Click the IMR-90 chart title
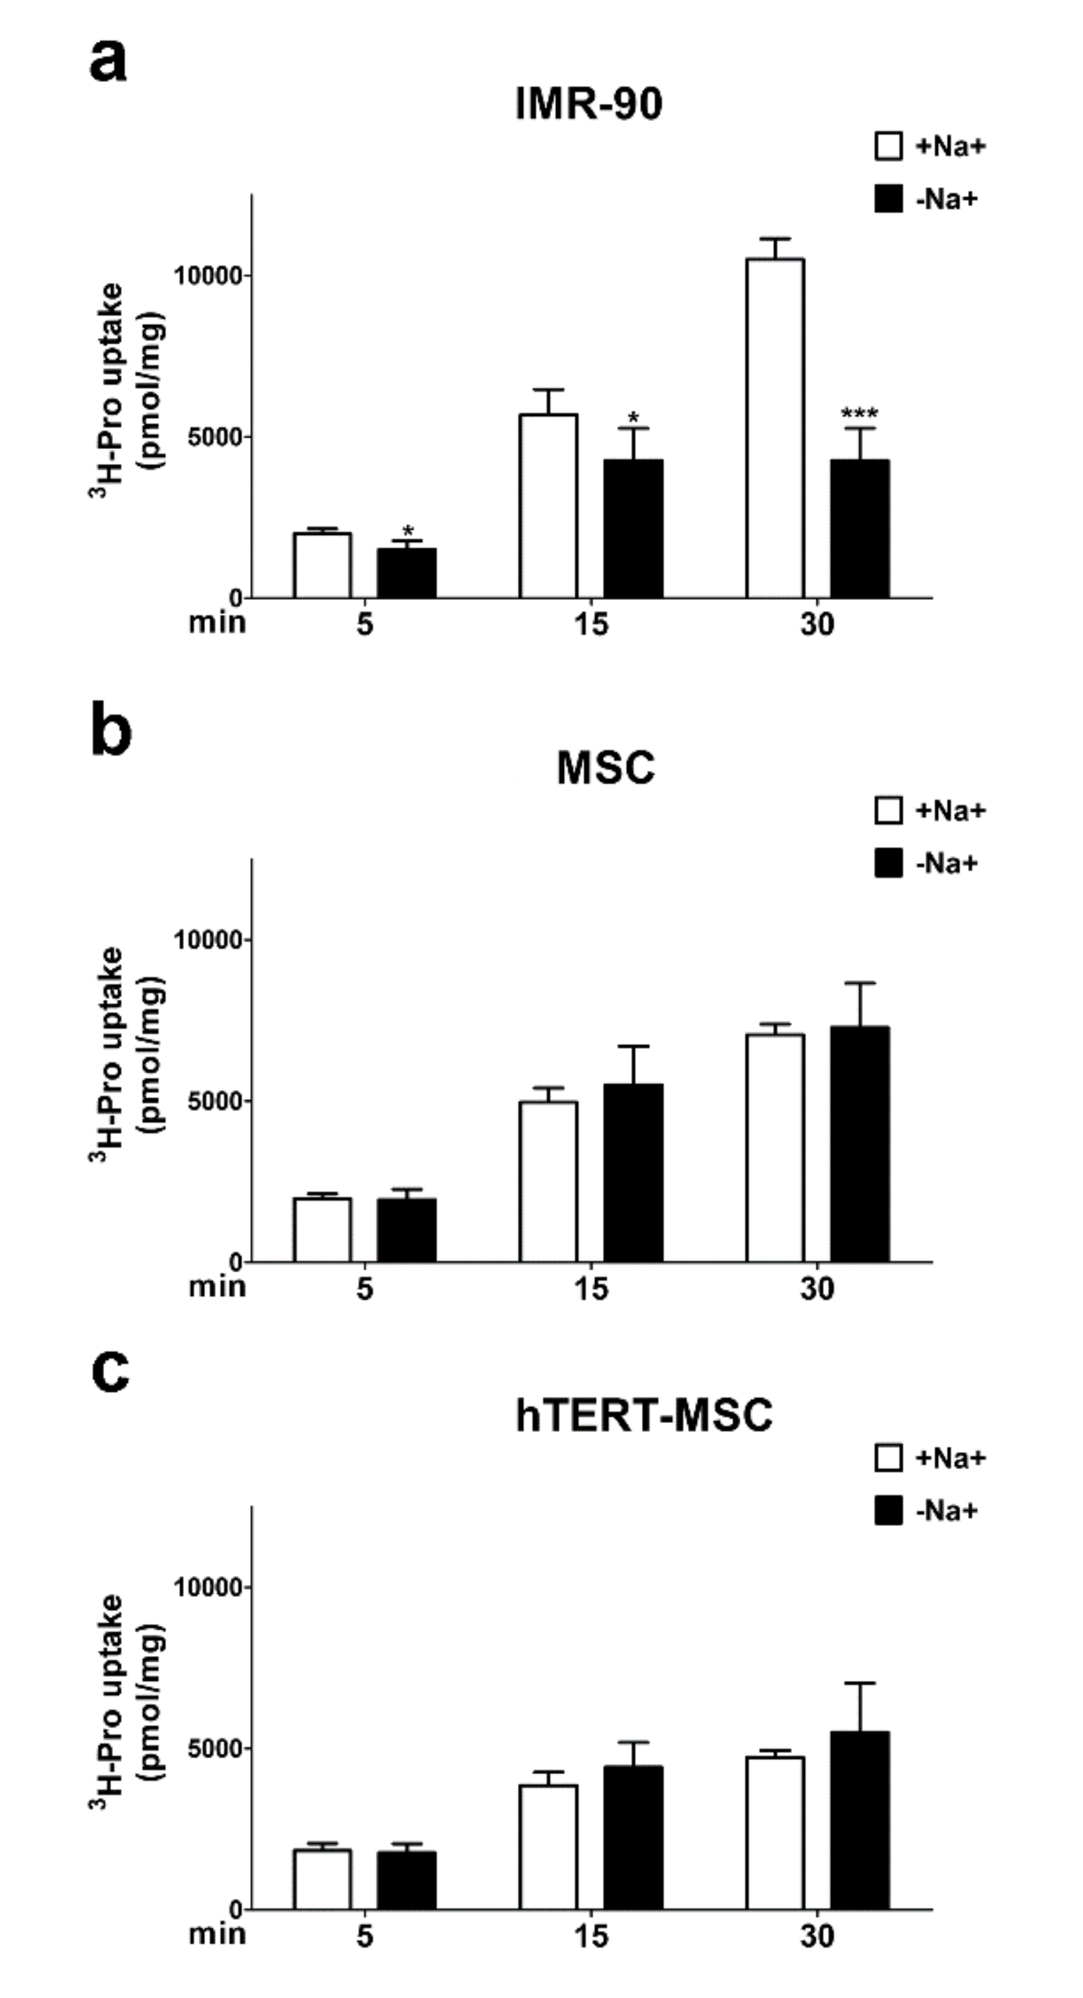coord(589,104)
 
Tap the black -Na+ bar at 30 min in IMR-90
coord(860,529)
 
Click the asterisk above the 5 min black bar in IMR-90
coord(408,532)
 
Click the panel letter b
coord(111,729)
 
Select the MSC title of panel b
coord(605,768)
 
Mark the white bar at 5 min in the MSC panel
coord(322,1230)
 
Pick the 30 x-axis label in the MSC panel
coord(817,1289)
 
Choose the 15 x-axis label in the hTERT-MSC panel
coord(591,1937)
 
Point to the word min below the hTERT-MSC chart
coord(217,1934)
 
